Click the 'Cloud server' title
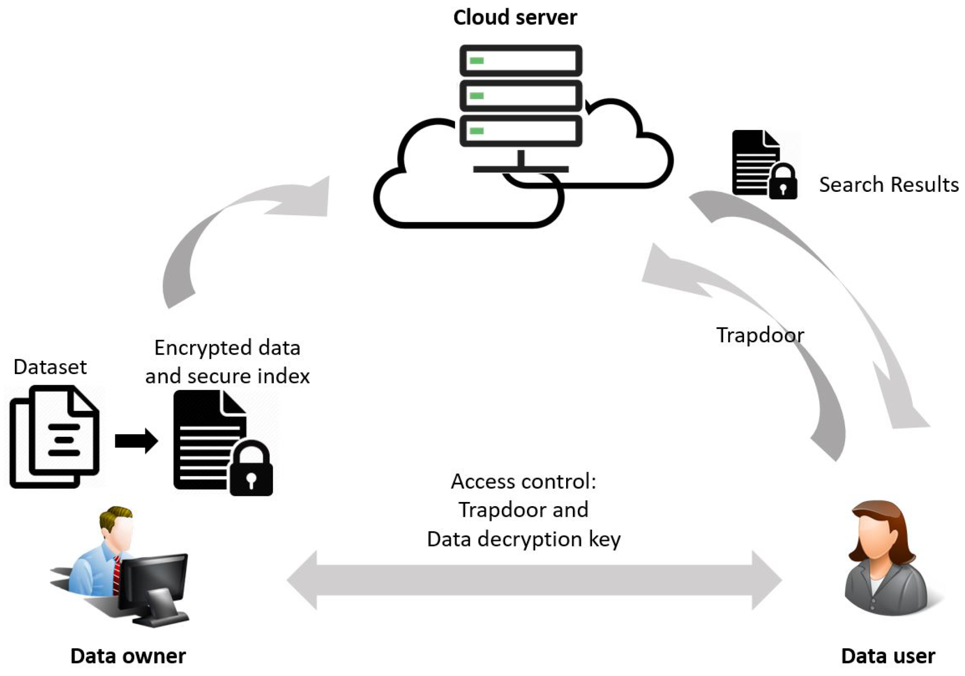click(x=515, y=17)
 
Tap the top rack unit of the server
click(x=520, y=61)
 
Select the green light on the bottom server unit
click(x=476, y=131)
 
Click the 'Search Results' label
click(x=888, y=185)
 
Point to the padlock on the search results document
click(x=782, y=183)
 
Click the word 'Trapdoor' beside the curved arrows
click(x=759, y=335)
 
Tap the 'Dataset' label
click(x=50, y=367)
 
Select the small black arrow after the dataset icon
click(x=136, y=441)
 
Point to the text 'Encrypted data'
click(x=227, y=348)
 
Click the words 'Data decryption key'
click(x=523, y=539)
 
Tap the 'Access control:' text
click(x=523, y=481)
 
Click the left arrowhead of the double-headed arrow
click(x=303, y=580)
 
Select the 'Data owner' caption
click(x=128, y=656)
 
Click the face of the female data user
click(x=876, y=536)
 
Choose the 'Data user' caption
click(x=887, y=656)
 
